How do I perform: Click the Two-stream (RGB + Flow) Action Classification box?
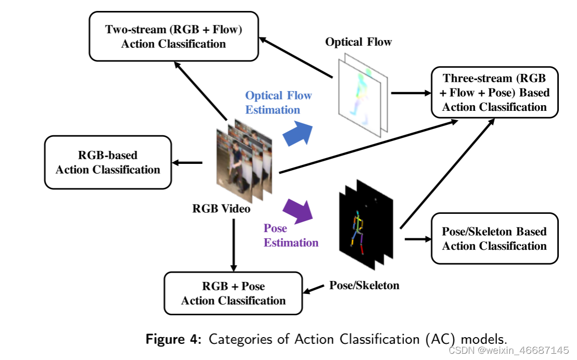pyautogui.click(x=174, y=36)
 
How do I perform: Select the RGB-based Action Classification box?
pyautogui.click(x=108, y=162)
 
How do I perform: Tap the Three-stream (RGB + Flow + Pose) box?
pyautogui.click(x=494, y=93)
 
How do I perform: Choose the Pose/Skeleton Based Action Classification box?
pyautogui.click(x=494, y=239)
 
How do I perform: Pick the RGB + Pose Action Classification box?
pyautogui.click(x=233, y=293)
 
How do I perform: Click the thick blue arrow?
pyautogui.click(x=298, y=133)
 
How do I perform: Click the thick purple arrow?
pyautogui.click(x=298, y=211)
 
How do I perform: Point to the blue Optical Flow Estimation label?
pyautogui.click(x=279, y=102)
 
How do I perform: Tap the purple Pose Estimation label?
pyautogui.click(x=291, y=235)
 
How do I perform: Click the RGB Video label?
pyautogui.click(x=221, y=209)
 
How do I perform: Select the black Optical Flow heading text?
pyautogui.click(x=359, y=42)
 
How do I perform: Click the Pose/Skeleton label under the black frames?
pyautogui.click(x=364, y=285)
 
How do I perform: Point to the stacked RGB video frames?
pyautogui.click(x=244, y=160)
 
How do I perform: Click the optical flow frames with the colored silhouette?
pyautogui.click(x=363, y=95)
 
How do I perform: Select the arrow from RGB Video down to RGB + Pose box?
pyautogui.click(x=234, y=245)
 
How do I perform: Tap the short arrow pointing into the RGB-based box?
pyautogui.click(x=187, y=162)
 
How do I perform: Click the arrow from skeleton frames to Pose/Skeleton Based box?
pyautogui.click(x=418, y=239)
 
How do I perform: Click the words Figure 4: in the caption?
pyautogui.click(x=174, y=339)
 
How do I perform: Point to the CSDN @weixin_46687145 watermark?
pyautogui.click(x=509, y=350)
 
